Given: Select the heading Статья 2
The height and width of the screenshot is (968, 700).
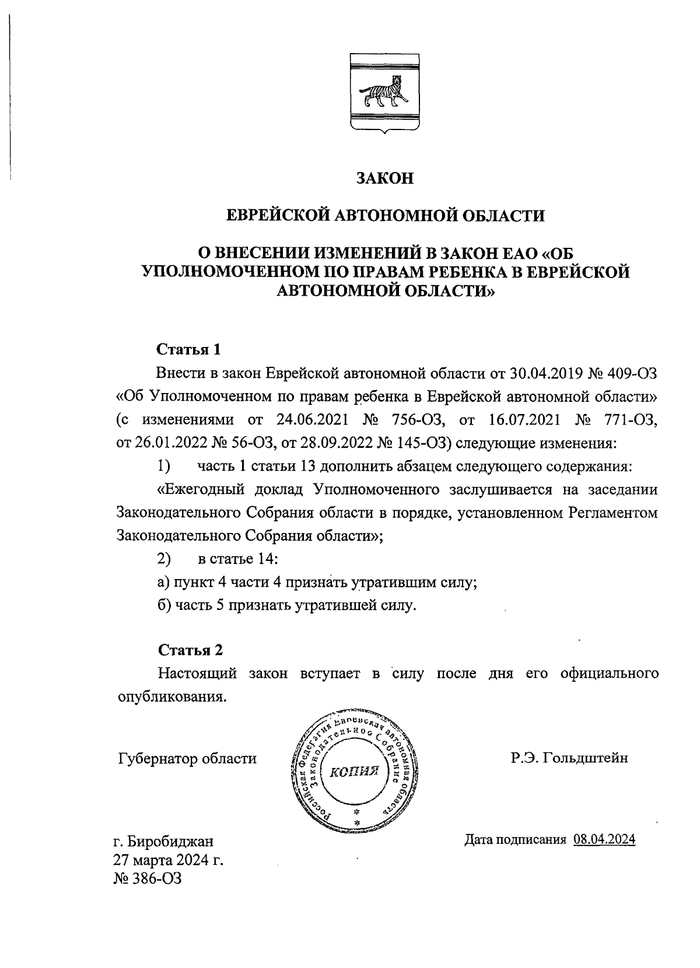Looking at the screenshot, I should [190, 650].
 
